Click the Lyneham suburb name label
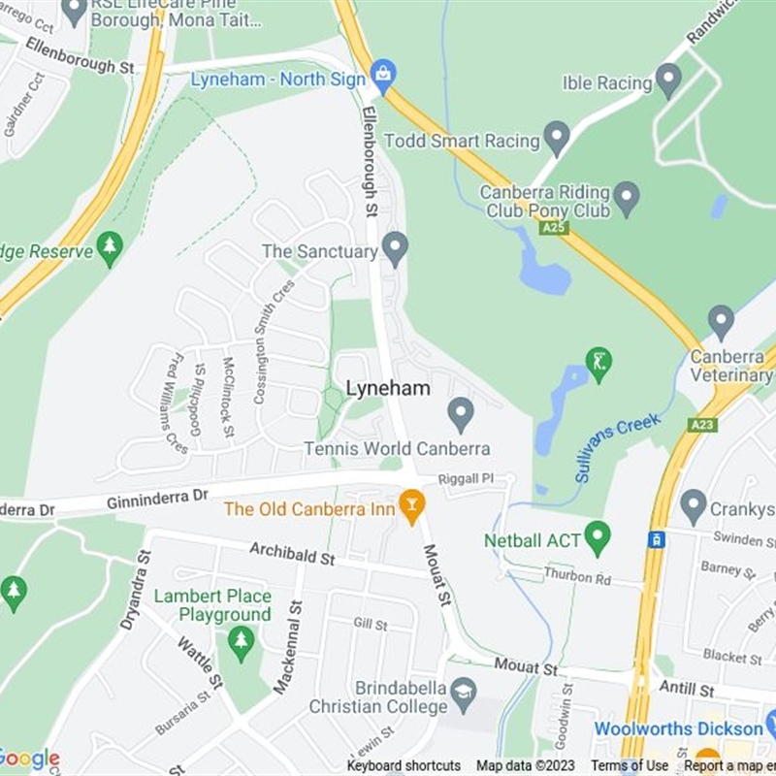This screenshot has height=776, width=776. [388, 388]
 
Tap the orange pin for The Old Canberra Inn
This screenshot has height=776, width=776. [412, 506]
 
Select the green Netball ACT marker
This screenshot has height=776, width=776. [598, 537]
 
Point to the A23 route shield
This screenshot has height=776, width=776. [701, 425]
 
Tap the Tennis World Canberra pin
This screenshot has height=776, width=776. [460, 415]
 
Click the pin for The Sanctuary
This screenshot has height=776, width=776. [394, 248]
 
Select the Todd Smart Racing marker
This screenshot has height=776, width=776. [556, 139]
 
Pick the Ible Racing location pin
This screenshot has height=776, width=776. [668, 81]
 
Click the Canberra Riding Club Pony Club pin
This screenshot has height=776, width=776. [627, 199]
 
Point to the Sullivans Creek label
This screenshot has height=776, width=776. [617, 448]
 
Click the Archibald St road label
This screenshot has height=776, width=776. [291, 555]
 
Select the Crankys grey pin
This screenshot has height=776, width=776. [693, 506]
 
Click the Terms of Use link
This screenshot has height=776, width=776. [630, 766]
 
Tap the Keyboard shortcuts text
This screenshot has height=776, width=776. [404, 766]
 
